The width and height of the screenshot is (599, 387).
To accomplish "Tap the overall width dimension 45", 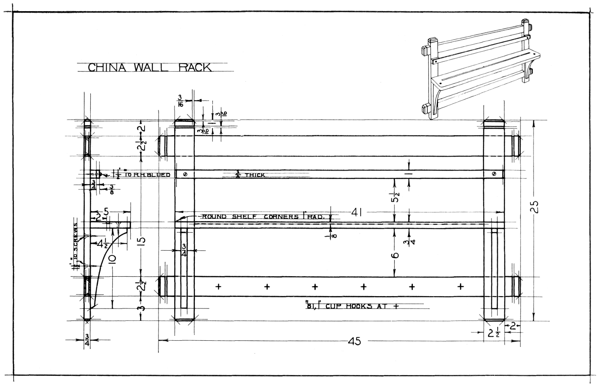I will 354,341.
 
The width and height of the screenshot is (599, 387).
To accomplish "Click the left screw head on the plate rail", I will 184,174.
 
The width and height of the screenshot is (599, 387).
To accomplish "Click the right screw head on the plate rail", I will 494,174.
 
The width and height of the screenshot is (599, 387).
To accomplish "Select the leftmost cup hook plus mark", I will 218,286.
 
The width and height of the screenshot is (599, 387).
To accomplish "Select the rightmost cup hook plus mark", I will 460,286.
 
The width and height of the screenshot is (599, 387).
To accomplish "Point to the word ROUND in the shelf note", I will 214,217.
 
